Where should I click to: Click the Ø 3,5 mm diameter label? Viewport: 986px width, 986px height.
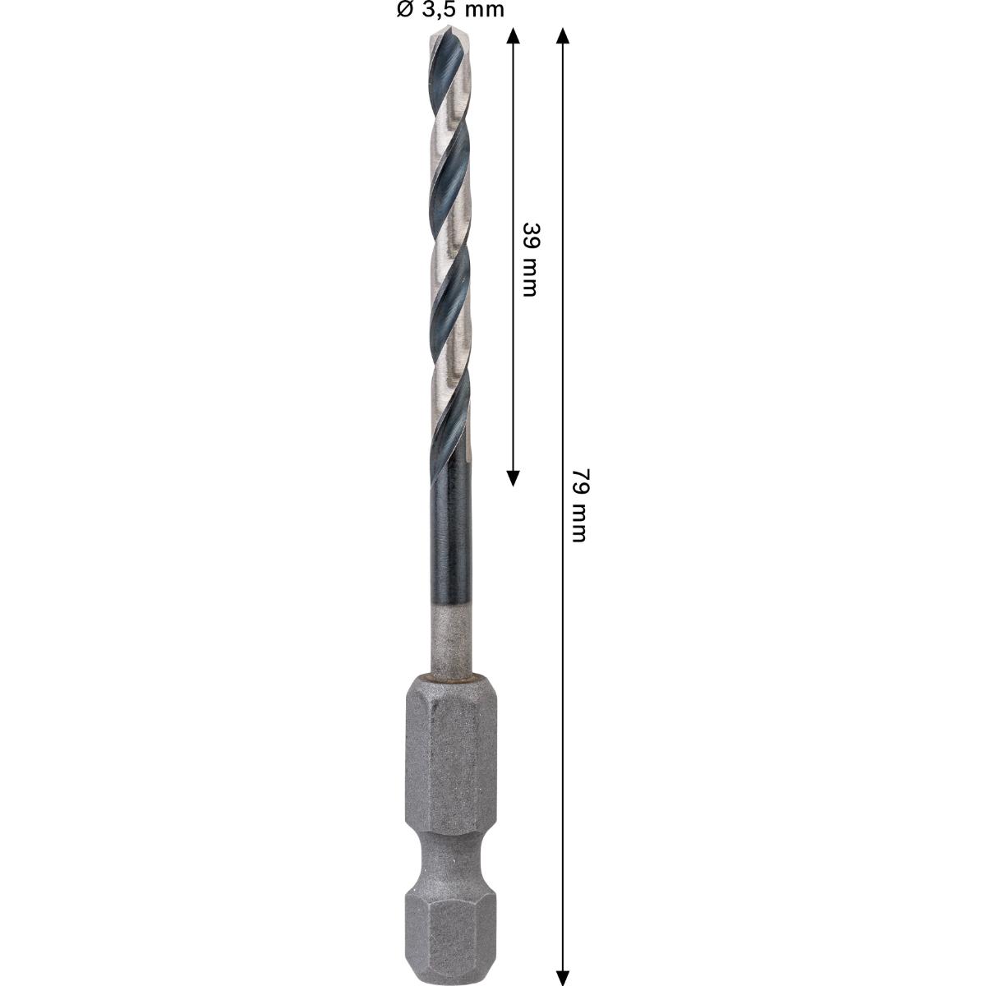coord(450,10)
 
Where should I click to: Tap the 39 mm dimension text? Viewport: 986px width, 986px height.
coord(530,260)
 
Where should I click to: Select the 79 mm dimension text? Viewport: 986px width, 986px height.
coord(579,505)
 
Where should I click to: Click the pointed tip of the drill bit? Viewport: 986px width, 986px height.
coord(450,30)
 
